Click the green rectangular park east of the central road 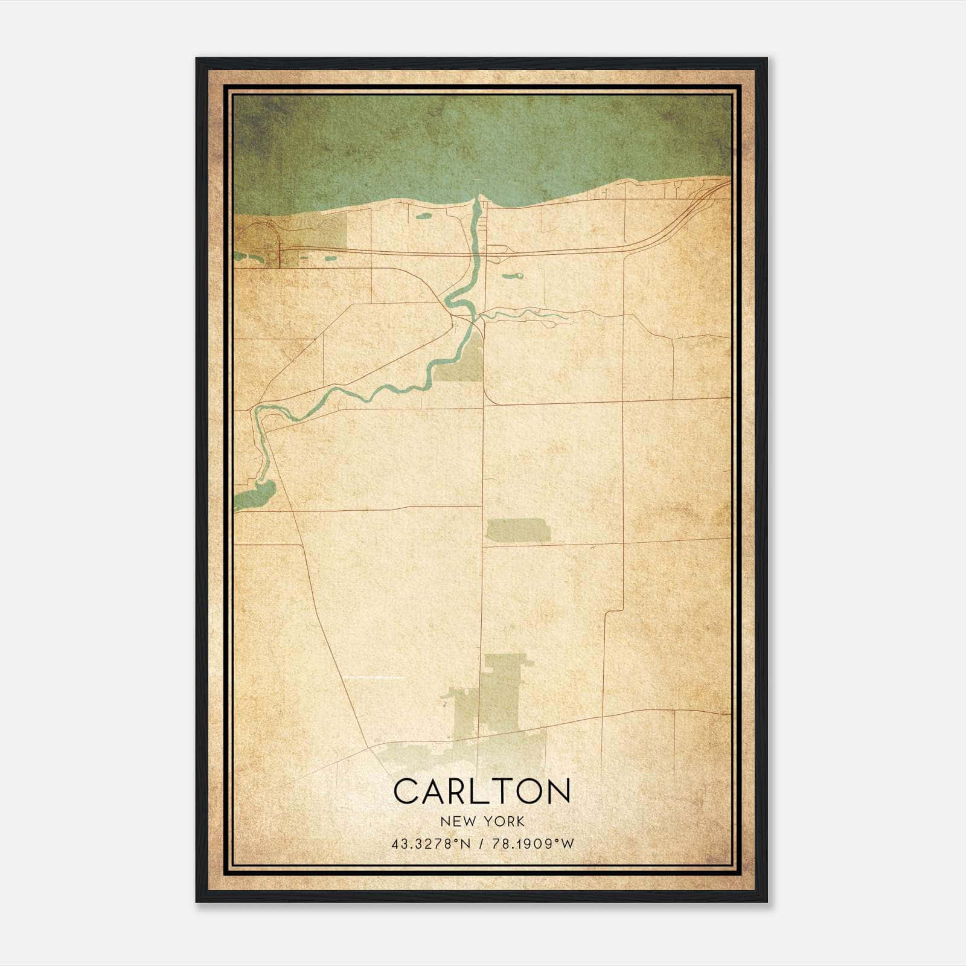(x=518, y=529)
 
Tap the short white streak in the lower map (x=380, y=678)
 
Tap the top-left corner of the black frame (x=197, y=59)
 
